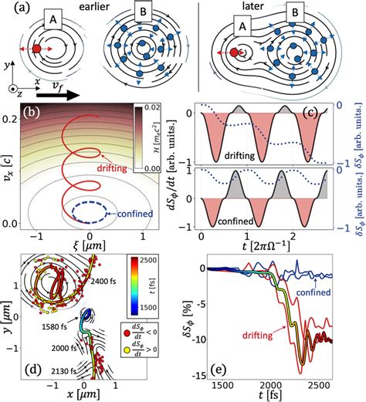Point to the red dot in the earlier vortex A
36,50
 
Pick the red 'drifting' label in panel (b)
114,164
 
